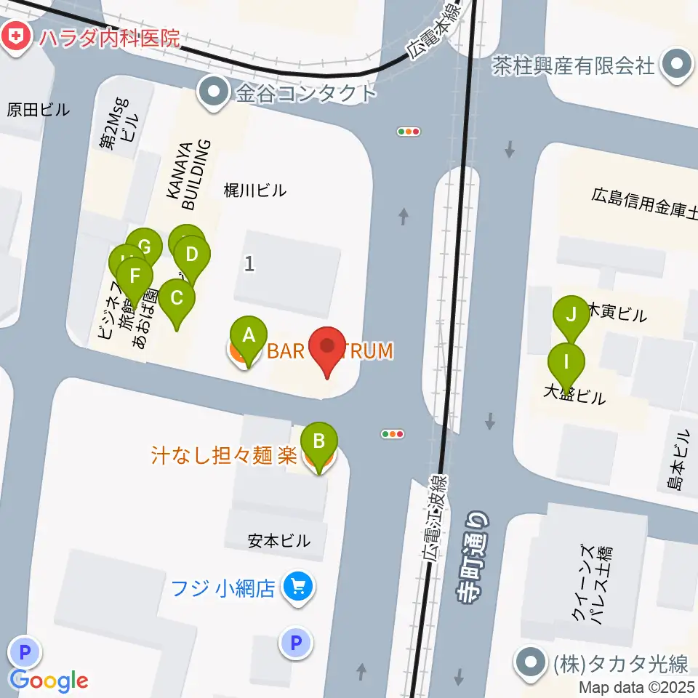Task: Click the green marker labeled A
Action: [249, 337]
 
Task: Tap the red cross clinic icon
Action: [14, 36]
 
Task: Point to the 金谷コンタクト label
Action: [305, 92]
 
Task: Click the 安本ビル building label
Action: [278, 541]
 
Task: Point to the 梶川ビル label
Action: [255, 190]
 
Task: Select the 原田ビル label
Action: [39, 110]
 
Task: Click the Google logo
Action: [49, 681]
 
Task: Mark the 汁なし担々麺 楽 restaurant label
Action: [224, 456]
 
